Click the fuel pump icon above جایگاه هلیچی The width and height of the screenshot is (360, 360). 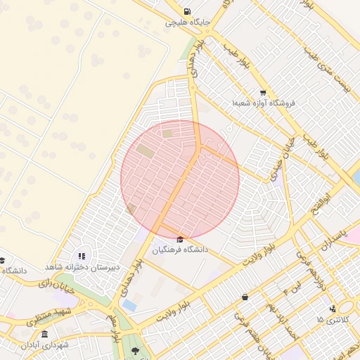click(186, 11)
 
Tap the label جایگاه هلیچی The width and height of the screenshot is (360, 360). click(186, 22)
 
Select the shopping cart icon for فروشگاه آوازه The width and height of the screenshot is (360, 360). click(263, 93)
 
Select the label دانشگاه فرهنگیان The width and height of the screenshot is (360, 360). click(181, 250)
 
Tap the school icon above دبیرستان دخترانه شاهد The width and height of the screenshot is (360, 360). click(82, 256)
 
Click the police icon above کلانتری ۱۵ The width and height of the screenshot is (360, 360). click(332, 308)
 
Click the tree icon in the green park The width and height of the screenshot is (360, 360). click(134, 349)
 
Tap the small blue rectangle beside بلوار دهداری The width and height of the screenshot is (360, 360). click(129, 306)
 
